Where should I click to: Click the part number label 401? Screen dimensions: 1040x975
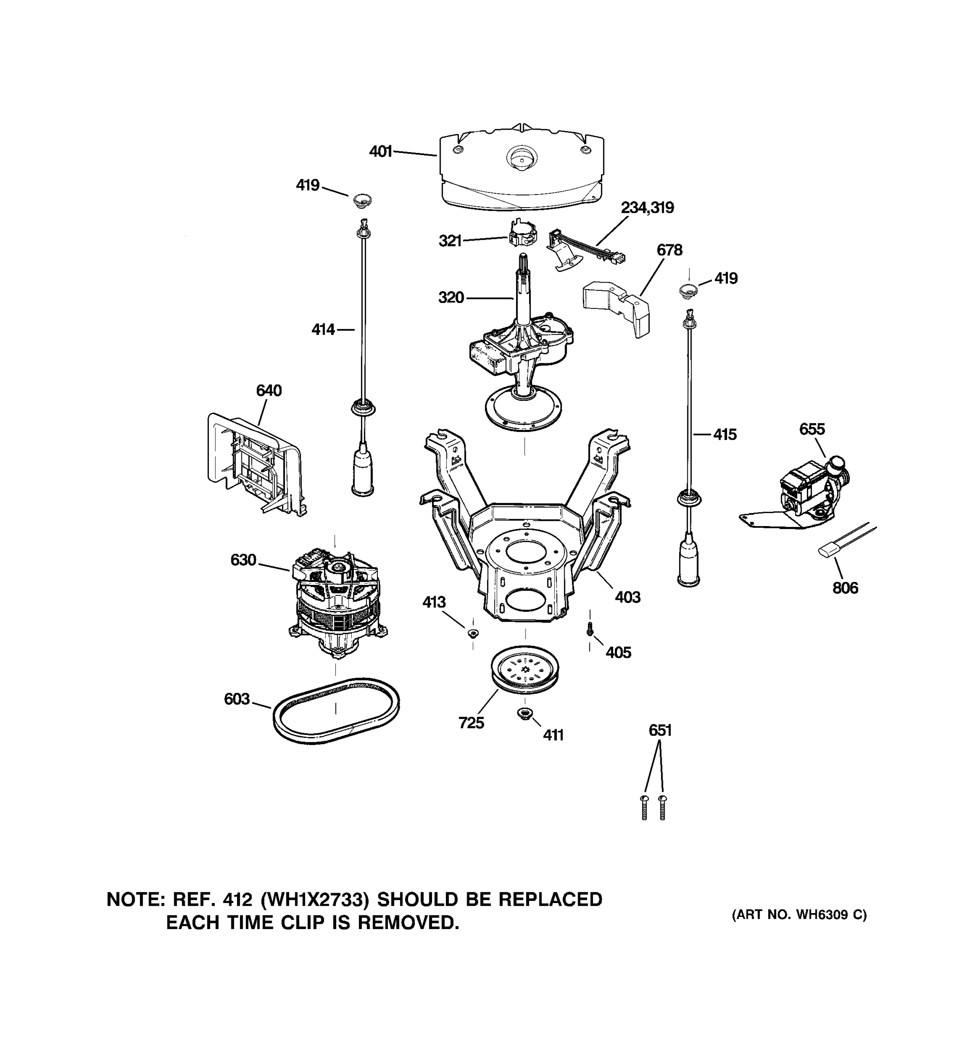(380, 152)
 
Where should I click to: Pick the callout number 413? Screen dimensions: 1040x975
(434, 602)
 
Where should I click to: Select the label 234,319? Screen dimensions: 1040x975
(647, 208)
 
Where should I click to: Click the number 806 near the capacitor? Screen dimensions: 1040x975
(845, 588)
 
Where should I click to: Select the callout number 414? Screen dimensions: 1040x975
(323, 330)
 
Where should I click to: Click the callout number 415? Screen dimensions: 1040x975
(725, 434)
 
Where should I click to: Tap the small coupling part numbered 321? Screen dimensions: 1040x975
(522, 234)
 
